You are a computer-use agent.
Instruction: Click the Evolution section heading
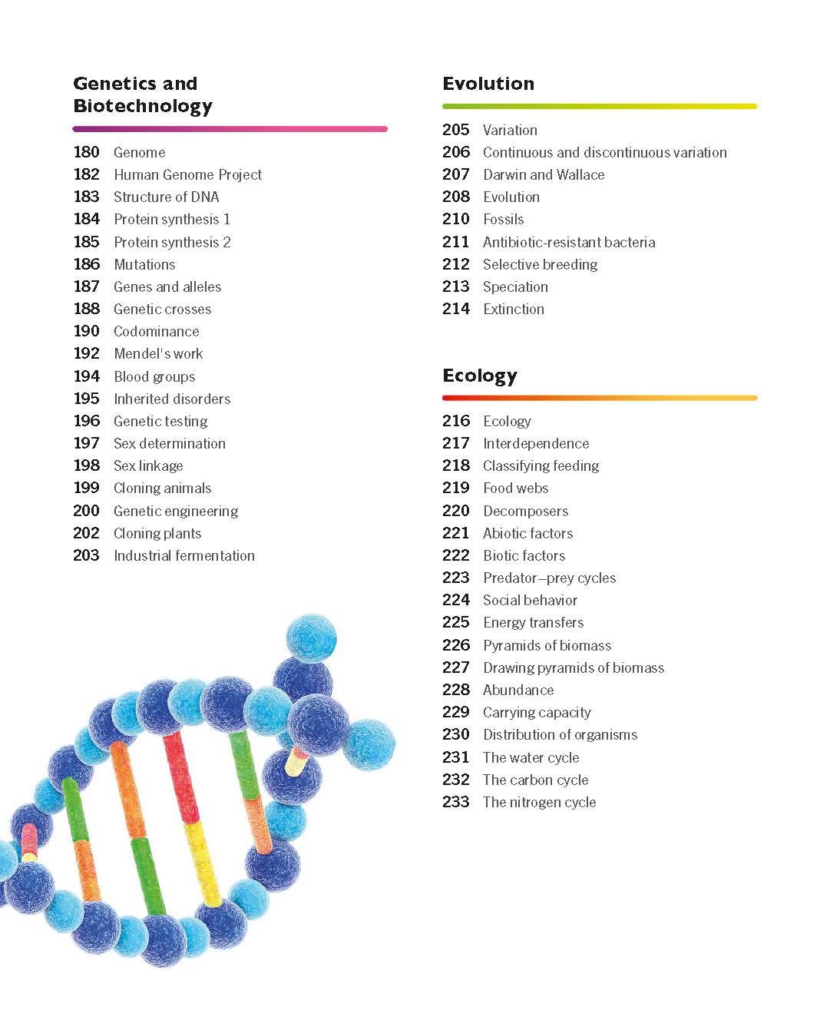(488, 84)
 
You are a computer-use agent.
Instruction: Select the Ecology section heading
(480, 376)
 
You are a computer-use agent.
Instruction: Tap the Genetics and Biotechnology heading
(143, 94)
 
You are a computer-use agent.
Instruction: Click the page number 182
(87, 174)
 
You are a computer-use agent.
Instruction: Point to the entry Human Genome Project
(187, 175)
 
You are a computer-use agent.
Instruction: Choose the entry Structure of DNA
(166, 197)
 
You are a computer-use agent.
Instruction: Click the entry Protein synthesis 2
(172, 242)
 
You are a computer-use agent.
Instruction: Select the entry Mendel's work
(158, 354)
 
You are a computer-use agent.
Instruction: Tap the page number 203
(87, 555)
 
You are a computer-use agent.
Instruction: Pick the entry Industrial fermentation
(184, 555)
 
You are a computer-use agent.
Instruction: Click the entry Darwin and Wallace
(544, 175)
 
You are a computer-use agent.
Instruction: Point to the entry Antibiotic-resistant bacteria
(569, 242)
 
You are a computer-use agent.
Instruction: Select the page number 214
(456, 309)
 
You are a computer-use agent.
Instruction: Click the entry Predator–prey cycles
(549, 578)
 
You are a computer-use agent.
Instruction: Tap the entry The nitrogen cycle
(539, 802)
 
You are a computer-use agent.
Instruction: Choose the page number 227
(456, 667)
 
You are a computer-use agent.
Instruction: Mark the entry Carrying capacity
(537, 712)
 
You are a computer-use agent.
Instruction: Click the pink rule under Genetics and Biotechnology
(230, 129)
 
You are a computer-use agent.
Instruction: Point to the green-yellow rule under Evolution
(600, 106)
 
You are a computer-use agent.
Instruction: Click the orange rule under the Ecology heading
(600, 398)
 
